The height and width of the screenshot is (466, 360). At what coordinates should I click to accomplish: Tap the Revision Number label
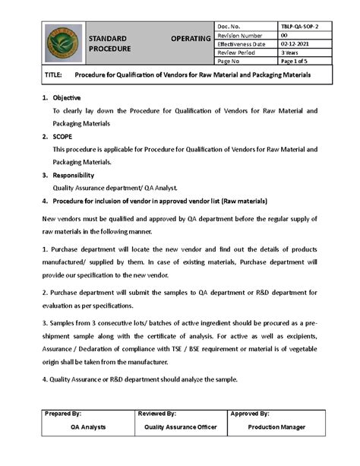[x=240, y=36]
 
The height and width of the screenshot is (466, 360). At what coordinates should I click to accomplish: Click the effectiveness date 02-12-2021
[x=294, y=44]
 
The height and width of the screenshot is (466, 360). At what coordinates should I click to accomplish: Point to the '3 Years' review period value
[x=290, y=52]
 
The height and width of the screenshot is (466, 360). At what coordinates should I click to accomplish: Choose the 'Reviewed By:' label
[x=157, y=414]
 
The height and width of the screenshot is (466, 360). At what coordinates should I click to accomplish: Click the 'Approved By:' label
[x=250, y=414]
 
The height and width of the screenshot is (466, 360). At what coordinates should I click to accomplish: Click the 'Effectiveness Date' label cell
[x=242, y=44]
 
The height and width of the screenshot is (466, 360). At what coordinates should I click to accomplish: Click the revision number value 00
[x=285, y=36]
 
